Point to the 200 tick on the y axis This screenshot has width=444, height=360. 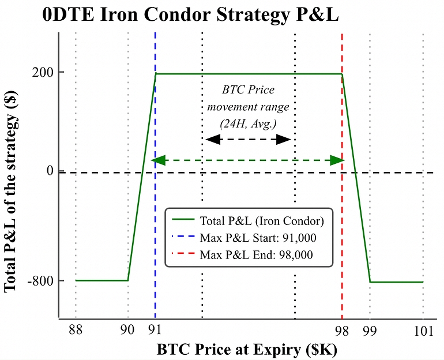click(x=48, y=73)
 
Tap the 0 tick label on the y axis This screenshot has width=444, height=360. click(x=51, y=171)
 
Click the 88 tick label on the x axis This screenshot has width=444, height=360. click(x=75, y=331)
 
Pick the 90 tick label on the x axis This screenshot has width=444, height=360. click(x=127, y=331)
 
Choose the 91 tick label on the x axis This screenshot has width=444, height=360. click(x=155, y=331)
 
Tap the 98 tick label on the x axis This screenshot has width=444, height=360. click(x=342, y=331)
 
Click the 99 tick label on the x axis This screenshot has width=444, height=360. click(x=370, y=331)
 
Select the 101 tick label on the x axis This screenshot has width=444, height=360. click(x=423, y=331)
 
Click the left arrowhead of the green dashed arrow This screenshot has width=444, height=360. click(x=157, y=160)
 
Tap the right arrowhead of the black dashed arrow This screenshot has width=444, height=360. click(x=284, y=139)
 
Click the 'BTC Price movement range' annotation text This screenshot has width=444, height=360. click(x=249, y=107)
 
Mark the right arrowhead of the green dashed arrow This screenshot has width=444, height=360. click(x=337, y=160)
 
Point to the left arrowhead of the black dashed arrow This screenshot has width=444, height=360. click(x=213, y=139)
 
